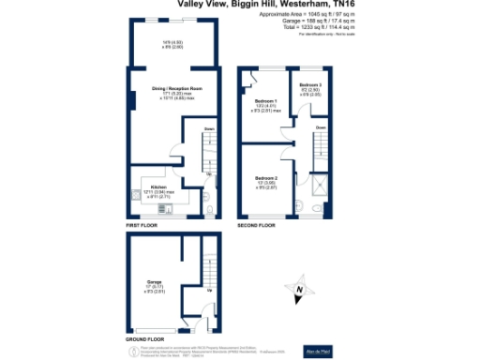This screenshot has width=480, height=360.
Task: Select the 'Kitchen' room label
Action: pyautogui.click(x=157, y=187)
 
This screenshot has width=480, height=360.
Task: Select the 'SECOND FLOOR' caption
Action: pyautogui.click(x=256, y=227)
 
